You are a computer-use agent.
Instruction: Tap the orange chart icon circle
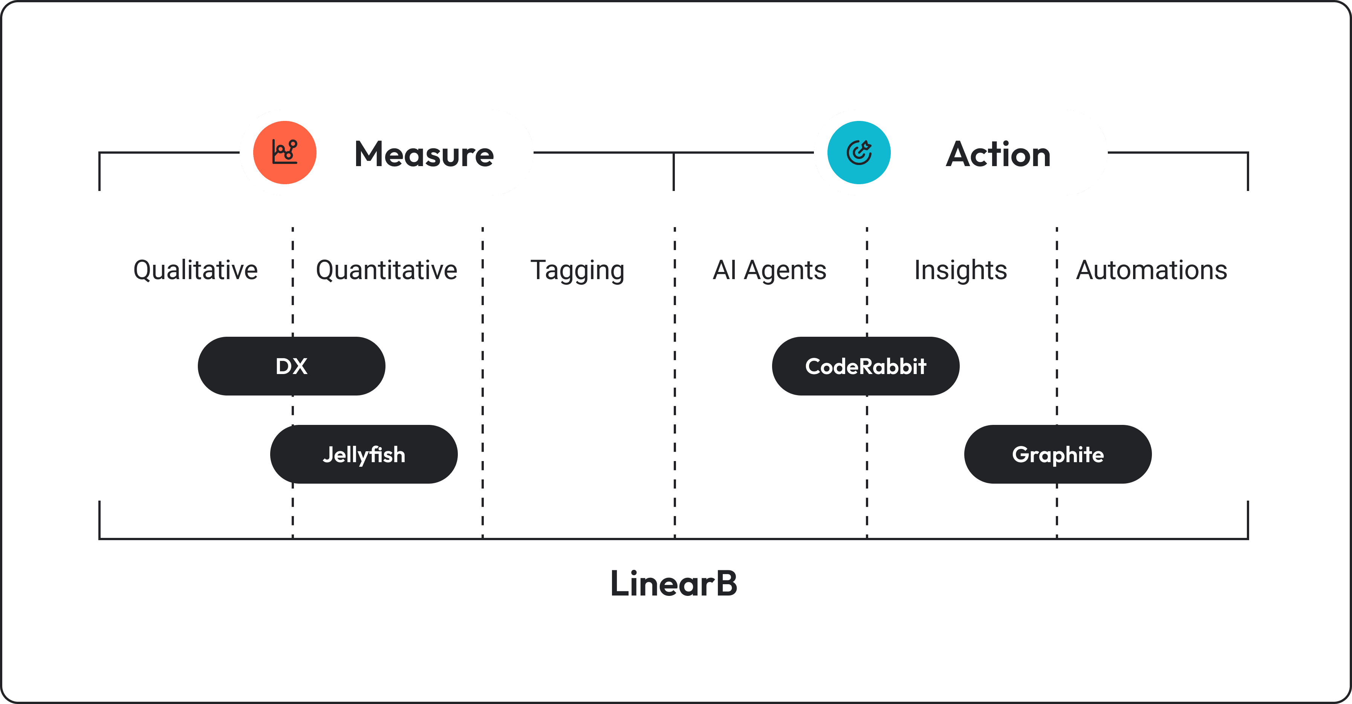[x=284, y=153]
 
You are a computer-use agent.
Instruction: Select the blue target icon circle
[x=859, y=153]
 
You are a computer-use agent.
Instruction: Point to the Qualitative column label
[x=195, y=270]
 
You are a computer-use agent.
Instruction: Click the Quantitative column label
[x=386, y=270]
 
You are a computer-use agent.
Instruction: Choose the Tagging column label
[x=577, y=270]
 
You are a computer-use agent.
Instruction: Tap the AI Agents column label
[x=769, y=270]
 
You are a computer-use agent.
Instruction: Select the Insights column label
[x=960, y=270]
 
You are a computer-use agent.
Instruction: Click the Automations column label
[x=1152, y=270]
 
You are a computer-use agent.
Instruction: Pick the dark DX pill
[x=291, y=366]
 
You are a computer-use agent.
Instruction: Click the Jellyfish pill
[x=364, y=454]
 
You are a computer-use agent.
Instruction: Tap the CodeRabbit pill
[x=866, y=366]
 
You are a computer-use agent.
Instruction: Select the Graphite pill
[x=1058, y=454]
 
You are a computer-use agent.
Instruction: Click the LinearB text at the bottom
[x=674, y=583]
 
